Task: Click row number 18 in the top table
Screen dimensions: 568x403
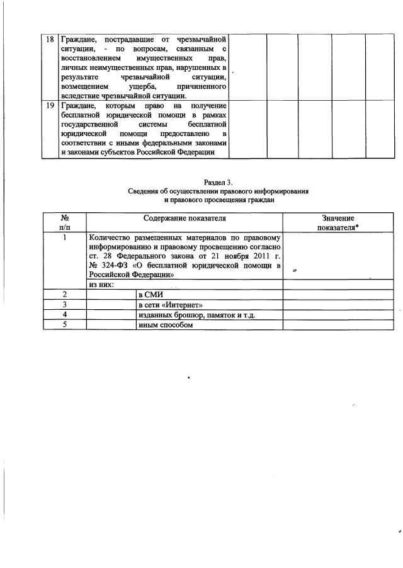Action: pyautogui.click(x=49, y=39)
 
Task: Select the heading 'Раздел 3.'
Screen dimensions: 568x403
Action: pyautogui.click(x=201, y=182)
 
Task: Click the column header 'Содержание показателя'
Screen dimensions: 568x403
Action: pyautogui.click(x=184, y=218)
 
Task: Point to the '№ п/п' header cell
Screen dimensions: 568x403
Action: pyautogui.click(x=64, y=223)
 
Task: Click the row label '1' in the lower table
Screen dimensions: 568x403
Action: pyautogui.click(x=64, y=238)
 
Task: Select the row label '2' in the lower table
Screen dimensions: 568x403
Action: pyautogui.click(x=64, y=295)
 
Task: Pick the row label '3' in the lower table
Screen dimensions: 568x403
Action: pyautogui.click(x=64, y=305)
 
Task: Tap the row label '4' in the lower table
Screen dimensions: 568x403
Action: pyautogui.click(x=64, y=315)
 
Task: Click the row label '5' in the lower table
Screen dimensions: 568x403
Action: pyautogui.click(x=64, y=325)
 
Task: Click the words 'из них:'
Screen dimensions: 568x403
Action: pyautogui.click(x=101, y=285)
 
